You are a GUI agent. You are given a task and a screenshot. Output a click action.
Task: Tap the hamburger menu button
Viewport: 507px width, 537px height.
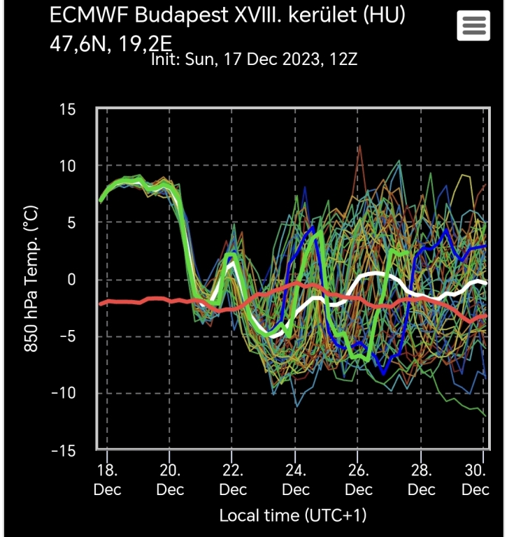pos(473,27)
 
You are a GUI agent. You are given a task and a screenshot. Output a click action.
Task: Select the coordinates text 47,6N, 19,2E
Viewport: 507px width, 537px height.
pos(110,44)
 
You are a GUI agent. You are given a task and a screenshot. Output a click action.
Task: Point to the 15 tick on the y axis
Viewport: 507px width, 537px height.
pos(69,109)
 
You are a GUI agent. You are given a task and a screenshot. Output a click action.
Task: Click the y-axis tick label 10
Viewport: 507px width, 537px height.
pos(69,166)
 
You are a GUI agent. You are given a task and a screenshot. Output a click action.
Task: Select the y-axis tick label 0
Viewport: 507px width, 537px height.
pos(73,280)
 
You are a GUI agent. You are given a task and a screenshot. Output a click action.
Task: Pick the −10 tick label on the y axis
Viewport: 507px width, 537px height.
pos(64,393)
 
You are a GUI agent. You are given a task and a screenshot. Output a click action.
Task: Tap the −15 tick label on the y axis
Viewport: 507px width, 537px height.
pos(64,450)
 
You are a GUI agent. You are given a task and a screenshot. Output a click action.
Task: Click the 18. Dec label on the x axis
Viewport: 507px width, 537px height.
pos(108,479)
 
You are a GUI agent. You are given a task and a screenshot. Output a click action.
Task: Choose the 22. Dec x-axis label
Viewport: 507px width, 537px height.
pos(233,479)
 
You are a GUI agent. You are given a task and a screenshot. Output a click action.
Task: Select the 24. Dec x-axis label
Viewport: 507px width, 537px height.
pos(296,479)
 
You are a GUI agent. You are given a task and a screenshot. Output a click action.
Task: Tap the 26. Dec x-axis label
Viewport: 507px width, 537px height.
pos(358,479)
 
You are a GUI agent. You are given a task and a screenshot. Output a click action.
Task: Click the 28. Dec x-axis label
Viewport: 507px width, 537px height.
pos(421,479)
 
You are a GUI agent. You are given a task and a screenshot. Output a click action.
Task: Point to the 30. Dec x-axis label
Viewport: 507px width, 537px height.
pos(476,479)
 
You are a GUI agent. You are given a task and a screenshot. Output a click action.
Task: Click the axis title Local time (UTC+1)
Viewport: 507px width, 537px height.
pos(292,516)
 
